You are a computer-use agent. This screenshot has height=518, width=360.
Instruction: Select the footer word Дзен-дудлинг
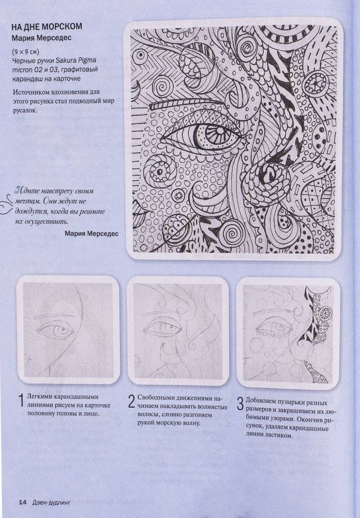tap(50, 501)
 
